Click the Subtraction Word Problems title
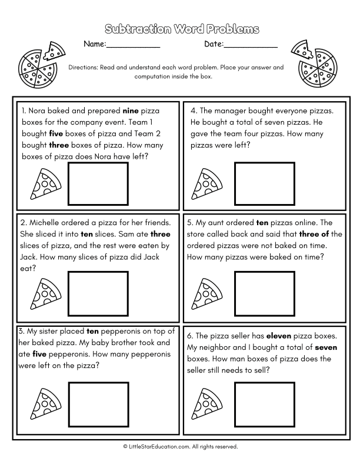pos(180,29)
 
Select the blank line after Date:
pos(251,45)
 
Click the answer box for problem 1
pos(99,182)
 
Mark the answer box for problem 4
pos(265,182)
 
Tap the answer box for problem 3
pos(99,402)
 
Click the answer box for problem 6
pos(265,402)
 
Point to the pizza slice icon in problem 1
pos(42,184)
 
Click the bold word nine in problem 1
pos(129,110)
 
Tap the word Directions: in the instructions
pos(85,67)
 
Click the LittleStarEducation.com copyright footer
pos(180,447)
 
